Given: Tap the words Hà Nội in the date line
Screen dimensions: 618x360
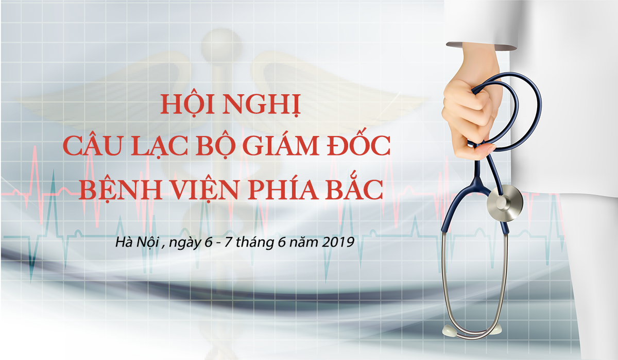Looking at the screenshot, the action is pyautogui.click(x=138, y=242).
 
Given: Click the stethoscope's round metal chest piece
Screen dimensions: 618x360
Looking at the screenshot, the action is pyautogui.click(x=505, y=203).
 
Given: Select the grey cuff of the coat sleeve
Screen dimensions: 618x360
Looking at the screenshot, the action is pyautogui.click(x=482, y=46).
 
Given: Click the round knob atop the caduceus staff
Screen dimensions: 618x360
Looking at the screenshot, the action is pyautogui.click(x=221, y=44).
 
